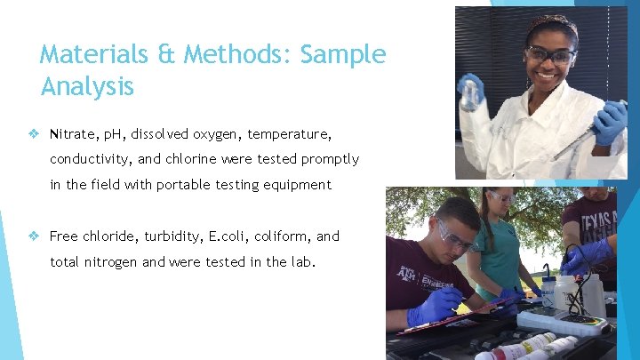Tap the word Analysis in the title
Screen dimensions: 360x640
pyautogui.click(x=87, y=86)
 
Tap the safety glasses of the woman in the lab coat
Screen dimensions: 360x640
pyautogui.click(x=550, y=54)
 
